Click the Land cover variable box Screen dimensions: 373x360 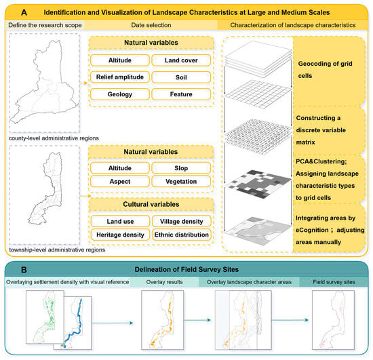181,60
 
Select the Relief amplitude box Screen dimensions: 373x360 120,77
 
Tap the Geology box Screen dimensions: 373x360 120,94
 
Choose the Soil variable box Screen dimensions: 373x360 181,77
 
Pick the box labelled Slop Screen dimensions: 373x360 181,168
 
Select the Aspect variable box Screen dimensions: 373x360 120,182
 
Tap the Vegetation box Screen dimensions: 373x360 181,182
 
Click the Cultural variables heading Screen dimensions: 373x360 151,204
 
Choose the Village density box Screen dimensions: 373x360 182,222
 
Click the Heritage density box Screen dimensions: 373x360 120,235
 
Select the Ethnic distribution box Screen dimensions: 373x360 182,235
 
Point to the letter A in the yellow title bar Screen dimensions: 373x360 24,12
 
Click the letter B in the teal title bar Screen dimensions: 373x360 24,270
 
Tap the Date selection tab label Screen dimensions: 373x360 151,25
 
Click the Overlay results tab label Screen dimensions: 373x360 164,282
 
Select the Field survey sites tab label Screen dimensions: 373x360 334,282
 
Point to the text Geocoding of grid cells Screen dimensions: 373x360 325,70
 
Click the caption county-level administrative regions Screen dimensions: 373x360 54,138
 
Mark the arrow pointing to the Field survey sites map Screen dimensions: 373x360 290,320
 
